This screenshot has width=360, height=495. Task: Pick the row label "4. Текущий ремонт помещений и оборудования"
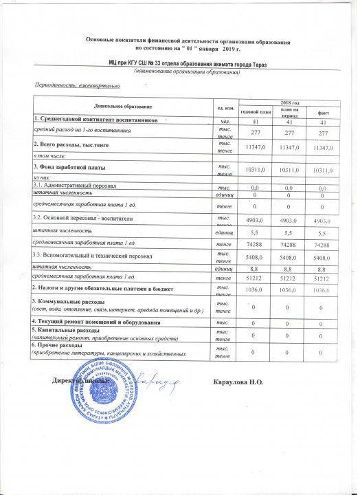click(x=96, y=322)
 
